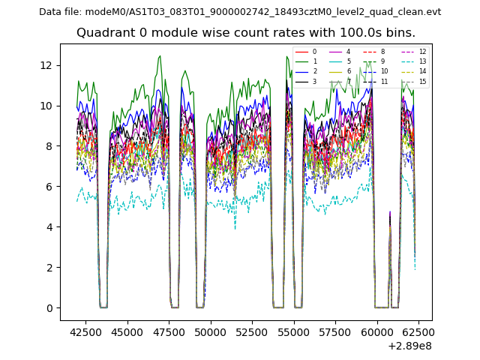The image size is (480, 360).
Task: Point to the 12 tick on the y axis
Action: click(x=46, y=65)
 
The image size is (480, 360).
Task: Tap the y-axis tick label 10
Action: click(x=46, y=106)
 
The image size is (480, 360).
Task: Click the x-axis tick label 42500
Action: click(x=85, y=330)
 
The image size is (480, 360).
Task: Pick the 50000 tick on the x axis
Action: click(x=210, y=330)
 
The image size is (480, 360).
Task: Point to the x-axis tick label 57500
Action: click(x=335, y=330)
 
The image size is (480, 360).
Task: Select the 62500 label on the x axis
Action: click(x=418, y=330)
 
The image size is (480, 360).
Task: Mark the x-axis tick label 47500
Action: click(x=168, y=330)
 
